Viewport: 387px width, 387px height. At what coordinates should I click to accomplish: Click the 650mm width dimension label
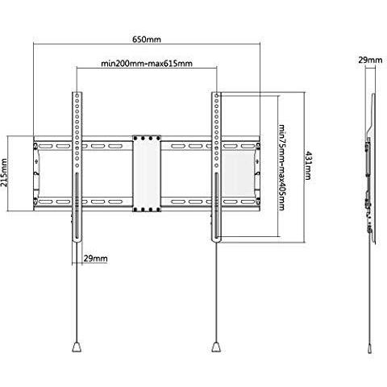pos(147,40)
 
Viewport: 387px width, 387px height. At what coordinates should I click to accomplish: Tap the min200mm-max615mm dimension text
pos(147,64)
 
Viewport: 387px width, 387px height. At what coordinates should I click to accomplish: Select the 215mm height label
pos(4,173)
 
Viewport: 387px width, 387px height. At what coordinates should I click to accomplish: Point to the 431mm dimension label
pos(308,166)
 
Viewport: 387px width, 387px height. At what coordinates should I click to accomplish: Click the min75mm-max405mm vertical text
pos(281,167)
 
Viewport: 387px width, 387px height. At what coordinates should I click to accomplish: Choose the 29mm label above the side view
pos(370,60)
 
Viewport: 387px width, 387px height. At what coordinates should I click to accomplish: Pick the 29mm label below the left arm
pos(95,259)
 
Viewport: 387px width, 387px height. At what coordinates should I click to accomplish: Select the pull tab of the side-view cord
pos(370,348)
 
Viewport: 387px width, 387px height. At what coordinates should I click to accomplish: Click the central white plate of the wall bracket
pos(147,173)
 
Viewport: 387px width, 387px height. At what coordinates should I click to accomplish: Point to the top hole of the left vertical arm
pos(77,95)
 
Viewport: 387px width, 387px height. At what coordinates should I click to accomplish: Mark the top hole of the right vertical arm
pos(217,95)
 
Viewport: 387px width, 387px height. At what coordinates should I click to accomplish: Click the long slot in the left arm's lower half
pos(77,206)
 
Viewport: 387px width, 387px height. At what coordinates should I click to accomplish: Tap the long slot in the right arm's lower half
pos(217,206)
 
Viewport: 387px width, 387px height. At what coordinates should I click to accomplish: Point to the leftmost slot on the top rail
pos(46,147)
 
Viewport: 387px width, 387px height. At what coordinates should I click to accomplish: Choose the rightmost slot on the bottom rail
pos(248,202)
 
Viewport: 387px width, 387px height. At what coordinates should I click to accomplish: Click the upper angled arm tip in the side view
pos(373,95)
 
